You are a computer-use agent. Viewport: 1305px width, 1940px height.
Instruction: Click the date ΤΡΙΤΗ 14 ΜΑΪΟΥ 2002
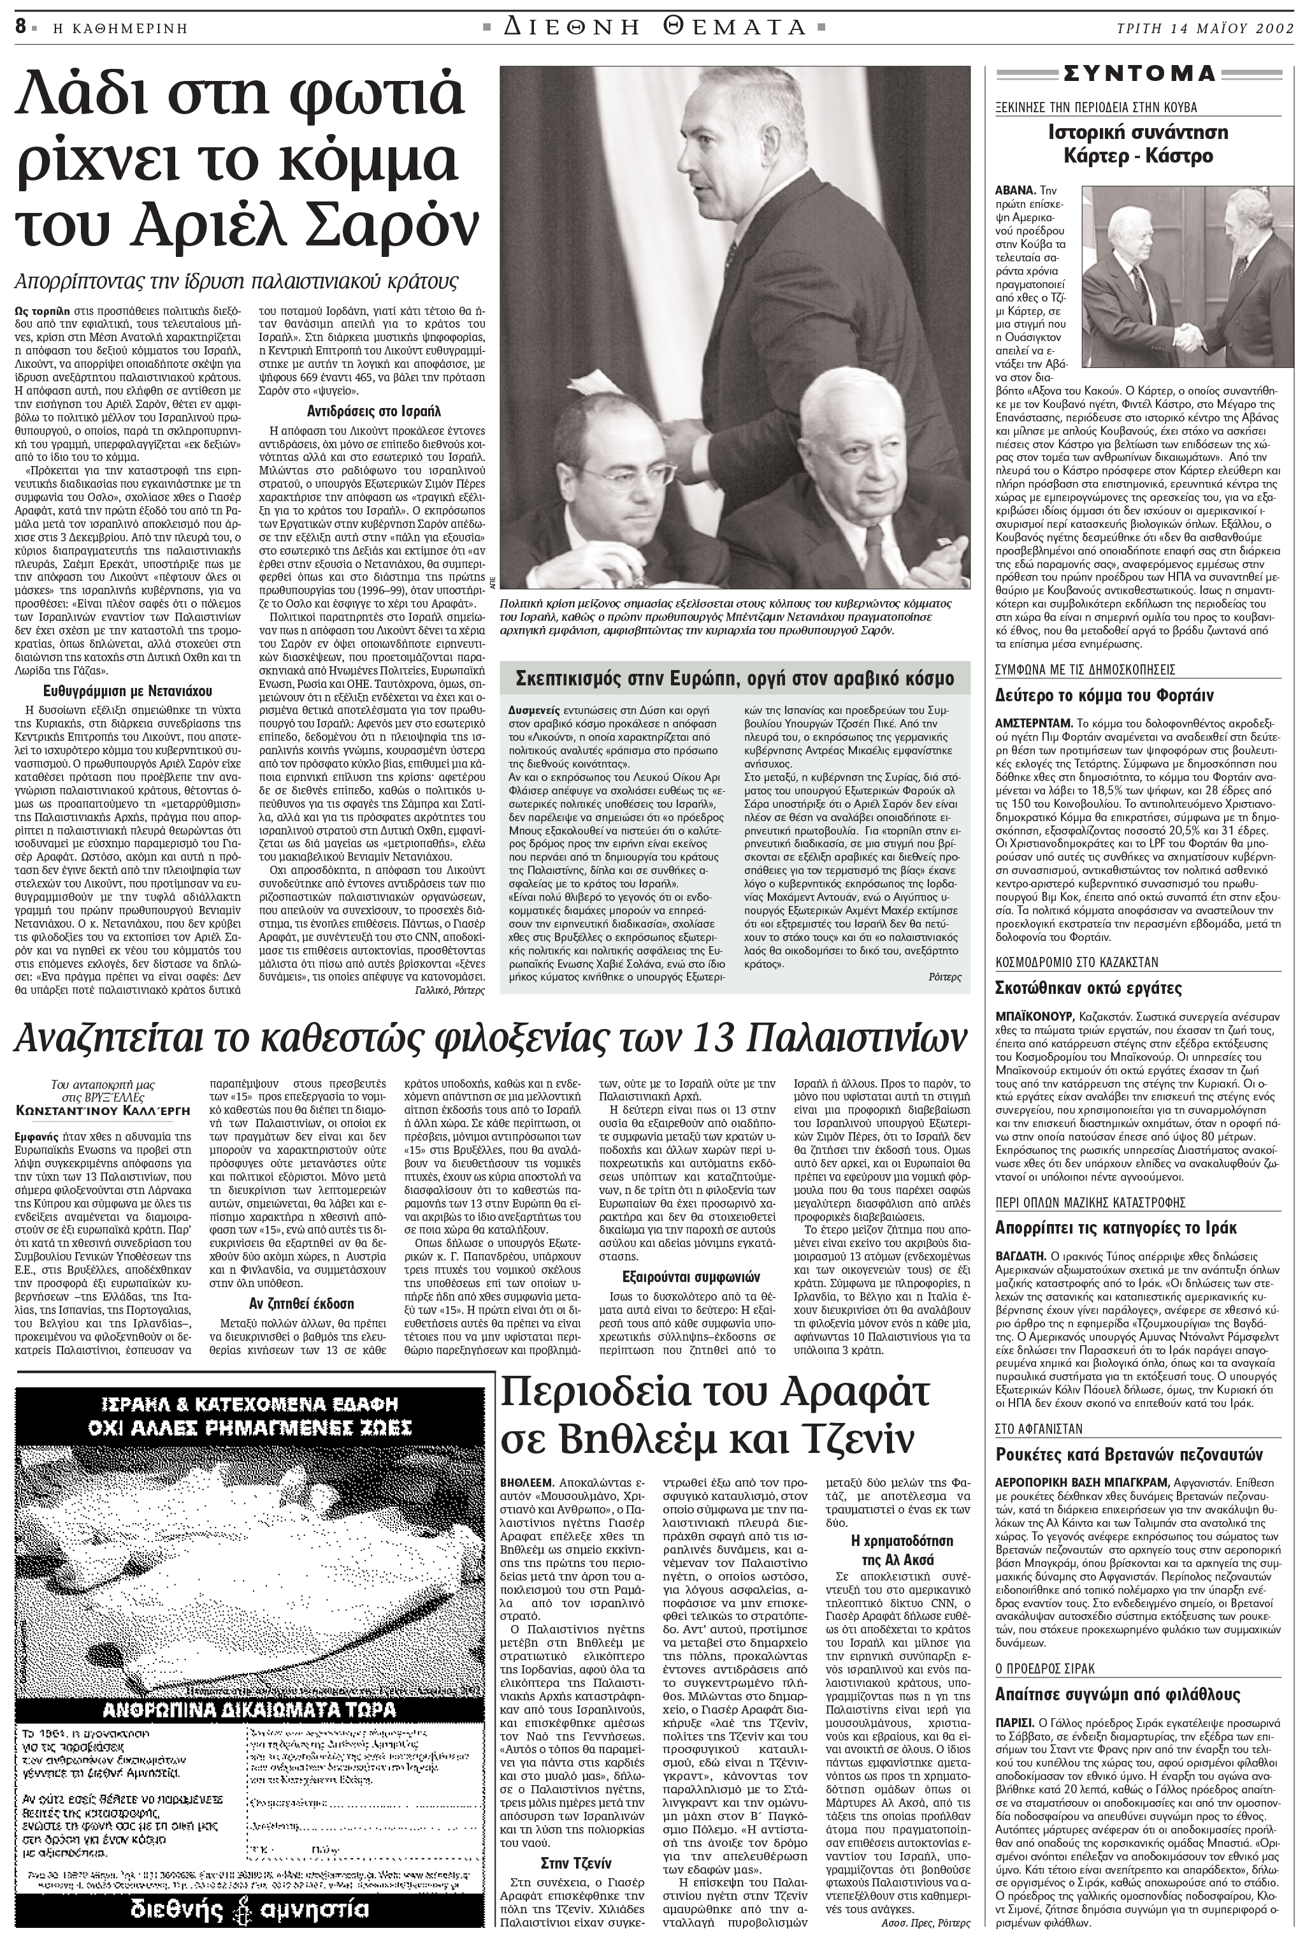(1204, 27)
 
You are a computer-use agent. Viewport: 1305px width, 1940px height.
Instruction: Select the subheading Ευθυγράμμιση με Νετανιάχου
(127, 690)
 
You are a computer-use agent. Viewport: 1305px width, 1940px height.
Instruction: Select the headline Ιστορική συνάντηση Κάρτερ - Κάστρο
(1137, 143)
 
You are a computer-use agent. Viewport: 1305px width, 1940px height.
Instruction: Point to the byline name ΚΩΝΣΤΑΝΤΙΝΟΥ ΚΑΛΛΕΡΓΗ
(103, 1110)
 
